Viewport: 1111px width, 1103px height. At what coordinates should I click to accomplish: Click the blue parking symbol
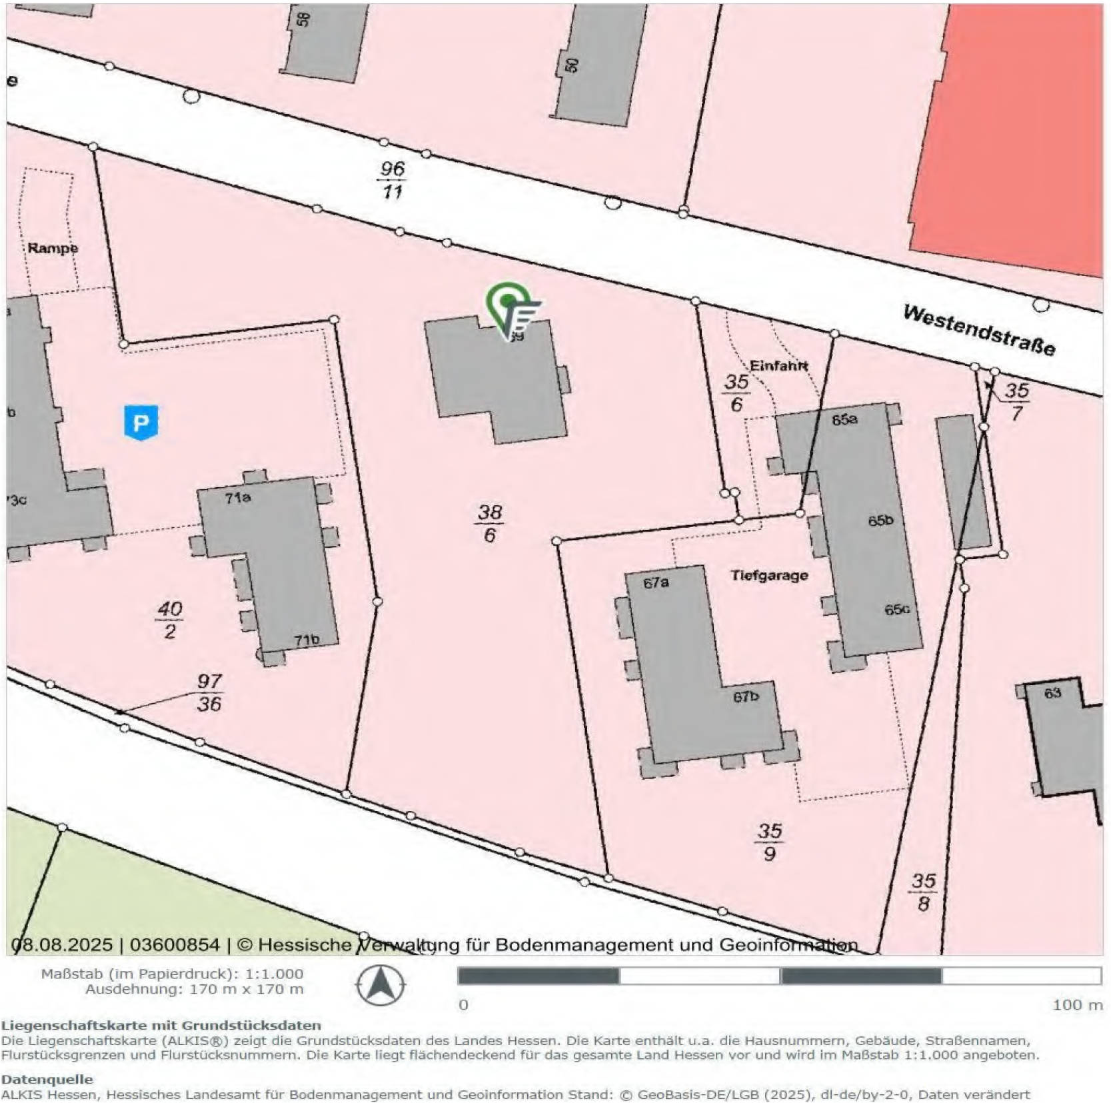click(141, 423)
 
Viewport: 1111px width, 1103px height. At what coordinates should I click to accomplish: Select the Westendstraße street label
click(978, 330)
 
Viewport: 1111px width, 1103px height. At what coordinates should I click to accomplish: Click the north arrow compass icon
click(380, 985)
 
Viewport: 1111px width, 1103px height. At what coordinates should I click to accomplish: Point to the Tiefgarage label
click(769, 575)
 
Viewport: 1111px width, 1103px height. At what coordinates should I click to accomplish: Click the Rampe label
click(53, 248)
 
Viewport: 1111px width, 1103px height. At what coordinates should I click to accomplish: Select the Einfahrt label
click(778, 365)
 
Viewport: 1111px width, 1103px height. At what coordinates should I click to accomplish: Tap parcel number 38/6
click(489, 523)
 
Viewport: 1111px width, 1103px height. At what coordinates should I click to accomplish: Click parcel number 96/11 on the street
click(392, 180)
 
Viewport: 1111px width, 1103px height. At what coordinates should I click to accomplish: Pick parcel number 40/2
click(169, 619)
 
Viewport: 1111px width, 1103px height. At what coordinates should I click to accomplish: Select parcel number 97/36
click(209, 692)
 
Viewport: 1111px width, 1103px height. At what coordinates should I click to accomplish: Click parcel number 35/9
click(769, 842)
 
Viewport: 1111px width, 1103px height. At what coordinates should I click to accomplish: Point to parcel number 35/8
click(923, 892)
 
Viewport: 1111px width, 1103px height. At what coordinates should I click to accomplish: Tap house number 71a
click(237, 497)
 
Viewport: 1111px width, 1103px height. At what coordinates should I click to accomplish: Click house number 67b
click(746, 696)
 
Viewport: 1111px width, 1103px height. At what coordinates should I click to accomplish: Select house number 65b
click(880, 521)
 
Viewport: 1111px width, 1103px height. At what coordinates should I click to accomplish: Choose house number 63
click(1052, 692)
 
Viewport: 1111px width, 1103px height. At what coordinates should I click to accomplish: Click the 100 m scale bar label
click(1077, 1005)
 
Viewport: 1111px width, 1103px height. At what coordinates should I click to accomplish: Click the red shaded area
click(1013, 133)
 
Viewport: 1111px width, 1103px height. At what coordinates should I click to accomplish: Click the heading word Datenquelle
click(47, 1079)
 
